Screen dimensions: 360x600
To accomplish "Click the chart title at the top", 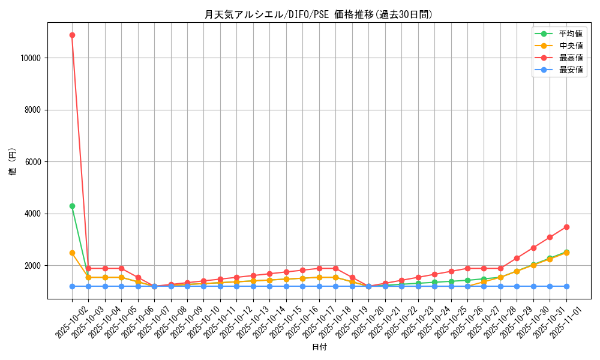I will (319, 14).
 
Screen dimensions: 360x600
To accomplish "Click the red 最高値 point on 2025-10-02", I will (72, 35).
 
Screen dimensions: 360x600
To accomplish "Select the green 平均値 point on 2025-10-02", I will (72, 206).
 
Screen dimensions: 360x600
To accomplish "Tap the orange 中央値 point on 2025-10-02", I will (72, 253).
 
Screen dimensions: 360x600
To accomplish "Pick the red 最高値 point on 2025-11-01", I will (566, 227).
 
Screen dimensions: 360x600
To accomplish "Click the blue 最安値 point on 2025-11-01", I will (566, 286).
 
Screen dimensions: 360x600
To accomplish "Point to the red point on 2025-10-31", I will (550, 237).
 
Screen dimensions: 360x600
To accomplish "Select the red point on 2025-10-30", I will (533, 248).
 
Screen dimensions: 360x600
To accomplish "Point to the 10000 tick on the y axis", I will (29, 58).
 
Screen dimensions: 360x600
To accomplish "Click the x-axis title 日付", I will (319, 347).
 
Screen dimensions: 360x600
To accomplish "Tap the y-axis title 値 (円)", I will (13, 162).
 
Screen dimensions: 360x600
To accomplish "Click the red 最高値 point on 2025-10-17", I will (319, 268).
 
